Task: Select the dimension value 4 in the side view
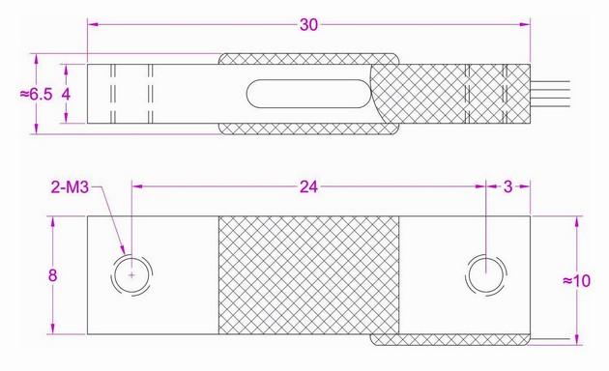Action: pos(66,94)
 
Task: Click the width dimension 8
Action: pos(52,275)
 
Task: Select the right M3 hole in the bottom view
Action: pos(484,274)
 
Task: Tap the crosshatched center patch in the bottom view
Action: pos(308,274)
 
